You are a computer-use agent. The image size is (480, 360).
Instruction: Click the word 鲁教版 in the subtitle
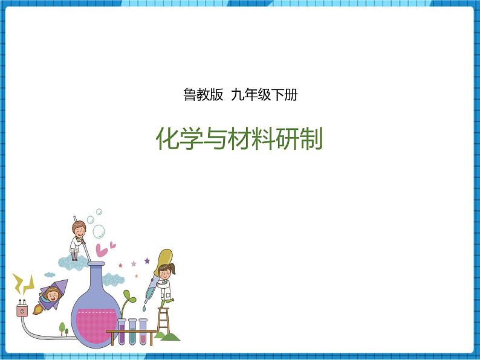point(203,95)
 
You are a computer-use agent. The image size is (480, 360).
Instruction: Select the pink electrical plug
point(22,310)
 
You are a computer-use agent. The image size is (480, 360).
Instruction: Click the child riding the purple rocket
point(53,295)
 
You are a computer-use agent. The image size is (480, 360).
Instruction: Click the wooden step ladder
point(163,320)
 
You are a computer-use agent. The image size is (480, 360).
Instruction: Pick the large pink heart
point(102,249)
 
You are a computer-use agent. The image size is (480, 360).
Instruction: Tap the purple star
point(147,261)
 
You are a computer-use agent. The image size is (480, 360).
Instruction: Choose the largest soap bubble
point(99,231)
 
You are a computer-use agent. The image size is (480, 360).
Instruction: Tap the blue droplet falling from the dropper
point(144,308)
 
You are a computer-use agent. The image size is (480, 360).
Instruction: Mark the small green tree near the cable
point(62,328)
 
